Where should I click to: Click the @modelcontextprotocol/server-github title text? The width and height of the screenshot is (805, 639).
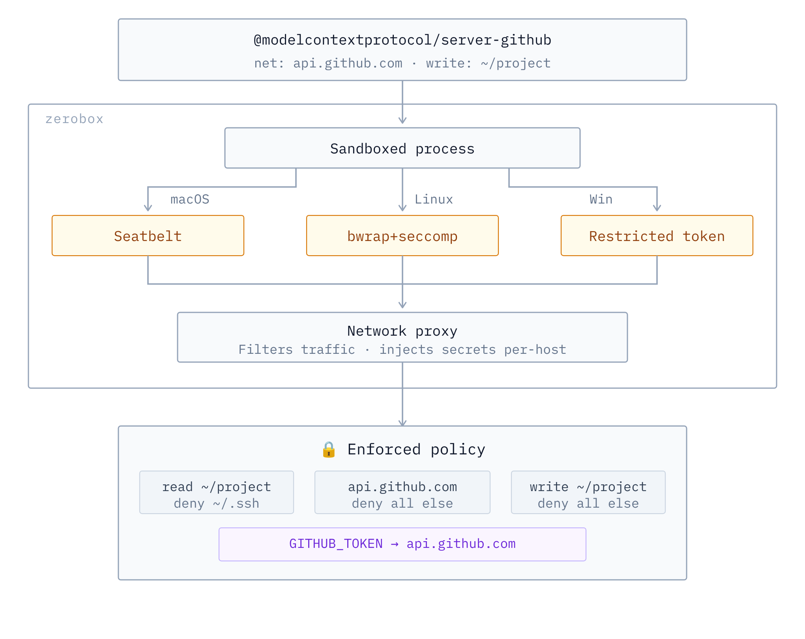click(402, 40)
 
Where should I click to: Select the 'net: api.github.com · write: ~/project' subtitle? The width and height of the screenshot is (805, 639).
click(402, 63)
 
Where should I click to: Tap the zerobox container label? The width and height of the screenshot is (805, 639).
click(74, 119)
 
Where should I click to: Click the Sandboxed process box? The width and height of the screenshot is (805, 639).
click(402, 148)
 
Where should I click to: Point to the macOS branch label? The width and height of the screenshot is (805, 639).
click(189, 199)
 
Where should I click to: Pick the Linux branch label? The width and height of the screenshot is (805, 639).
click(433, 199)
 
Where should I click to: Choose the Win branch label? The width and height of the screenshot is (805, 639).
click(601, 199)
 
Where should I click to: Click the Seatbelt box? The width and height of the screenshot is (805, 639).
click(148, 236)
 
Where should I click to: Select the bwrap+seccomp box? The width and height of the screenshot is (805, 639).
click(402, 236)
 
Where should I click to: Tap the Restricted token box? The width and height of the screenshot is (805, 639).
click(657, 236)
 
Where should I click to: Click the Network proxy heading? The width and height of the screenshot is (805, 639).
click(402, 331)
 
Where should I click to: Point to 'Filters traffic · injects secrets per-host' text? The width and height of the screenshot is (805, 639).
click(402, 349)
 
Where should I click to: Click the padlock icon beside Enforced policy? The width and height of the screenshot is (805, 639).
click(329, 450)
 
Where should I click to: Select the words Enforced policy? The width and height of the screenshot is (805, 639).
click(416, 450)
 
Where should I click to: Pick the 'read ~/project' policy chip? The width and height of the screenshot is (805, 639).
click(216, 492)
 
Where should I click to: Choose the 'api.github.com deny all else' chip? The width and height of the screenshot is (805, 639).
click(402, 492)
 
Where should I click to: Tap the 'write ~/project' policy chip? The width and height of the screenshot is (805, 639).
click(588, 492)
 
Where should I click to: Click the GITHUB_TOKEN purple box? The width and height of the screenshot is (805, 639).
click(402, 544)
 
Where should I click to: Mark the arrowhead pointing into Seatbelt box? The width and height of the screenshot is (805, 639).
click(148, 208)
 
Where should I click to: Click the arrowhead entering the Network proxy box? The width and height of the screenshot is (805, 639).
click(402, 305)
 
